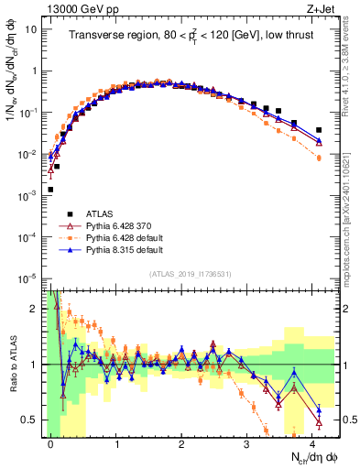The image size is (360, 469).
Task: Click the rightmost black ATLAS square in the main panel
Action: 319,130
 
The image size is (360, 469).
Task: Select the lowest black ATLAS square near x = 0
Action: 50,190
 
